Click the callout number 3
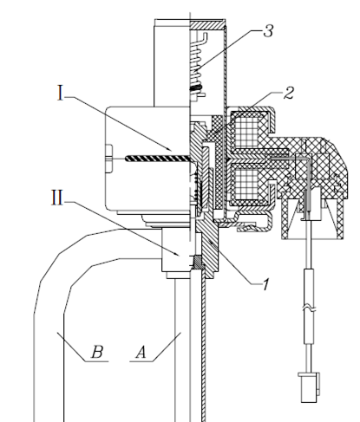point(268,30)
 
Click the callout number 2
point(289,93)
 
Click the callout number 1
point(265,284)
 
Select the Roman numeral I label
point(60,93)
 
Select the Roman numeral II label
point(57,198)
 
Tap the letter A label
point(141,352)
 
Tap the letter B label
point(97,352)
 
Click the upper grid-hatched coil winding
point(246,130)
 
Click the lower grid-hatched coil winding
point(246,184)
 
